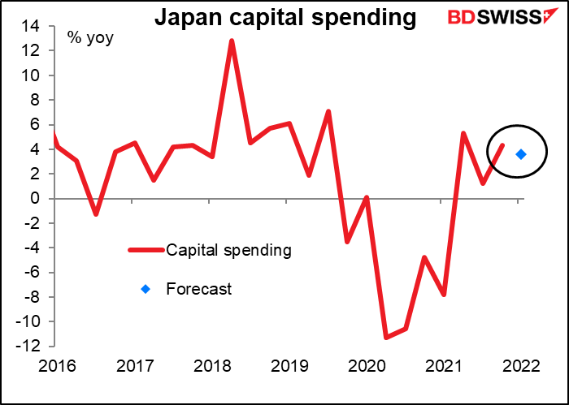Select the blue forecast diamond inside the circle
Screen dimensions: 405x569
521,154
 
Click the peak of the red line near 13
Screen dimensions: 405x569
232,41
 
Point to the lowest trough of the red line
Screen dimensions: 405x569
386,337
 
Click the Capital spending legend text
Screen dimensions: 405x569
228,250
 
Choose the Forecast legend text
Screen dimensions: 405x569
198,288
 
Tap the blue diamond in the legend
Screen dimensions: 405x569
146,288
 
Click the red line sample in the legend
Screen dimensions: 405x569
146,250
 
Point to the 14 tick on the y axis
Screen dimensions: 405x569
37,26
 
